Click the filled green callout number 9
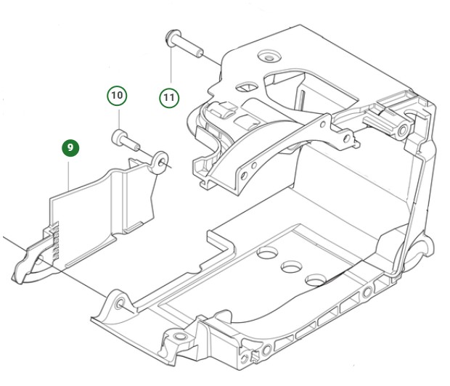[70, 148]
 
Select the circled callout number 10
[118, 95]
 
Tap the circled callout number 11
[169, 96]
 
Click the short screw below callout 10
[125, 138]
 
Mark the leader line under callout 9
[69, 174]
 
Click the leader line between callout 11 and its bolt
[171, 69]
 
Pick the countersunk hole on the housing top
[271, 55]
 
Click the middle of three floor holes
[293, 266]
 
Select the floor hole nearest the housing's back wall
[268, 253]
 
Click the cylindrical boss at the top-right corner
[399, 131]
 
